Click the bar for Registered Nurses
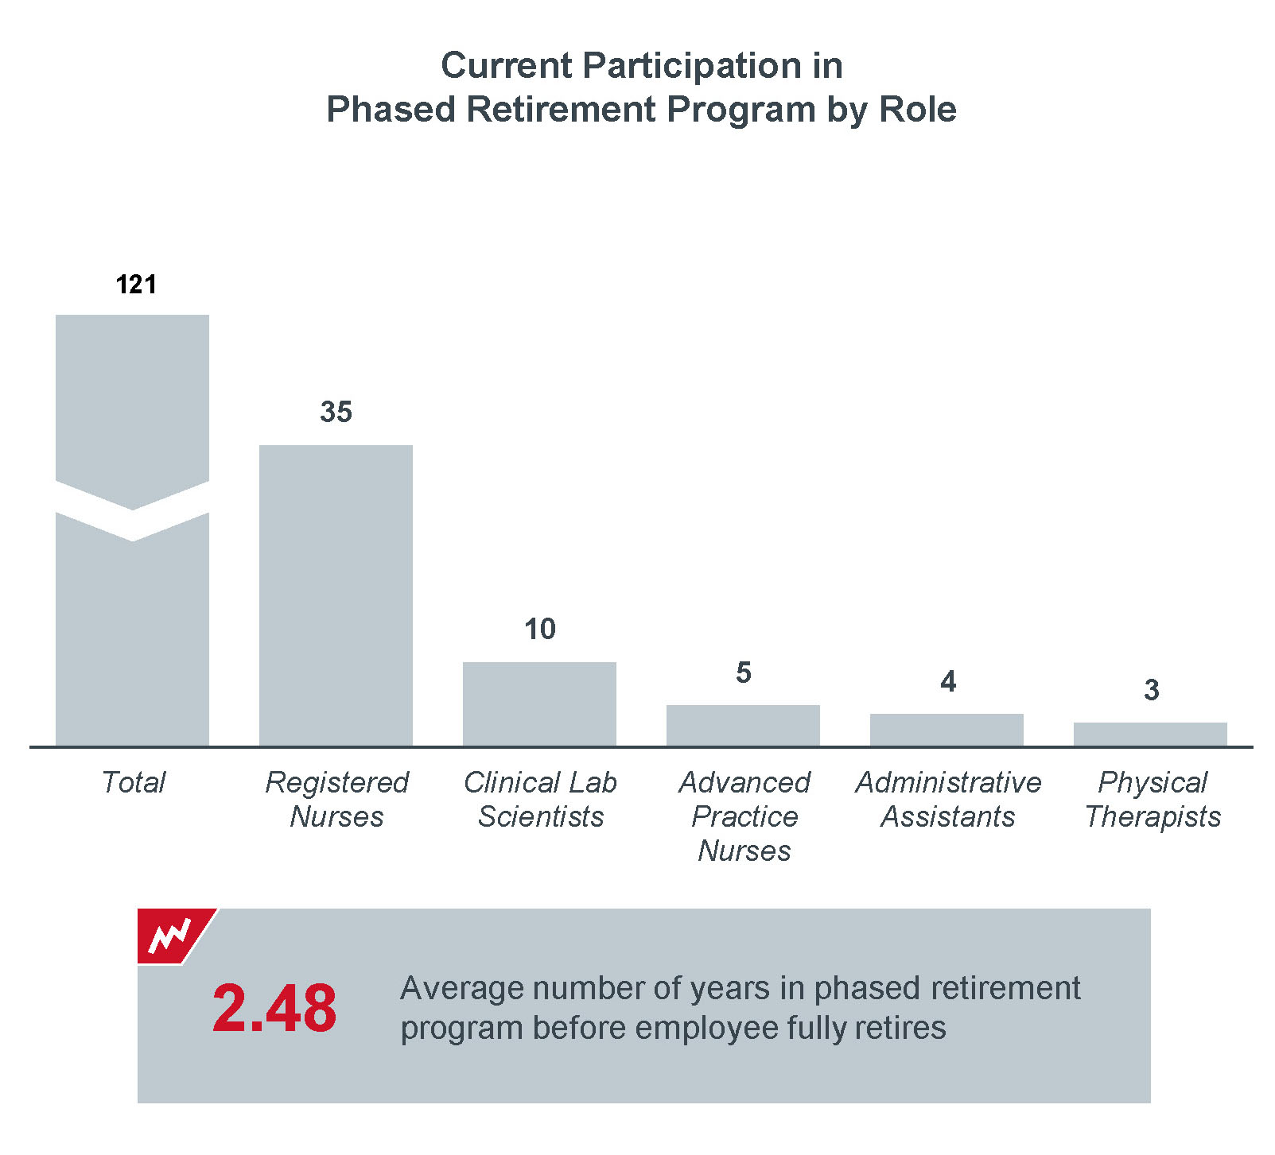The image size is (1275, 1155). click(336, 595)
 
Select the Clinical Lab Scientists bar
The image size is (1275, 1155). click(539, 704)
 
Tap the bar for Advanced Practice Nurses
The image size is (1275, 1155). click(743, 726)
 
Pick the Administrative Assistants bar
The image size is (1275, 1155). click(947, 730)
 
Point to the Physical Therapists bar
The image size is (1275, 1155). click(1150, 734)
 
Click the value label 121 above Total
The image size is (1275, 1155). click(136, 285)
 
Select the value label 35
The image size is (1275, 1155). click(336, 412)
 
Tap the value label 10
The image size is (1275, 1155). click(539, 629)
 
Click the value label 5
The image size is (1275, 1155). click(743, 672)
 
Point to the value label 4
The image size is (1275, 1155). click(947, 681)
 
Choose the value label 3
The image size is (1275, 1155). click(1151, 690)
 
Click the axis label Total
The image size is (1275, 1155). click(133, 782)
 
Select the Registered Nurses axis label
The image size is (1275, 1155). click(336, 799)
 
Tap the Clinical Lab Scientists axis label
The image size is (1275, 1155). click(540, 799)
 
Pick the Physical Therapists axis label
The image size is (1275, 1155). click(1153, 800)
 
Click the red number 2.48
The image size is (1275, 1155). click(274, 1008)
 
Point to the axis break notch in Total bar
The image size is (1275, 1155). click(132, 512)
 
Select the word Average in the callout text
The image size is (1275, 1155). click(462, 989)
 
